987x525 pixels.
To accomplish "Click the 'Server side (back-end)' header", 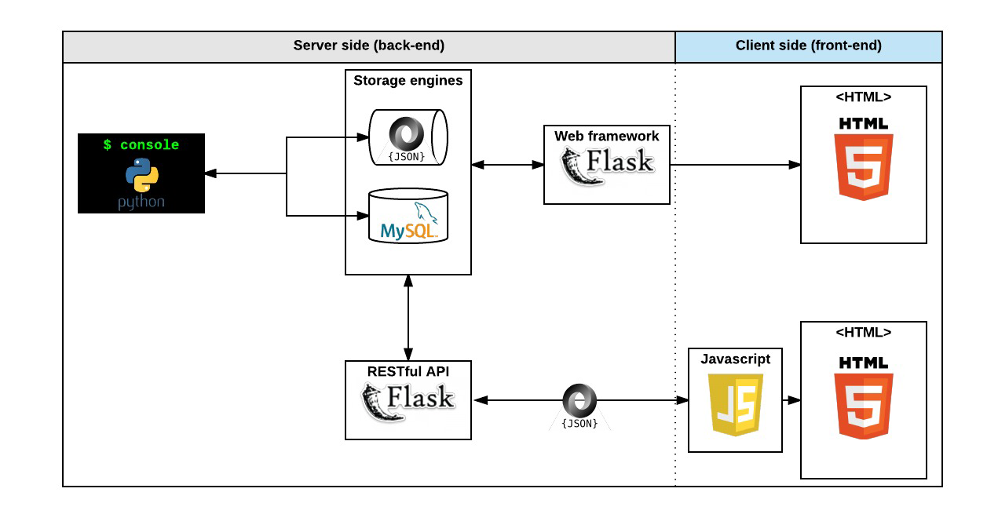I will pyautogui.click(x=368, y=46).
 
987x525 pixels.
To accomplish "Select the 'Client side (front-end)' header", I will pyautogui.click(x=808, y=46).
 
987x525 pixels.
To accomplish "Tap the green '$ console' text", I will pyautogui.click(x=141, y=145).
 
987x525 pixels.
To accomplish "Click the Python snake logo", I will pyautogui.click(x=141, y=175).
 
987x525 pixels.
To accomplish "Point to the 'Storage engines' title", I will pyautogui.click(x=408, y=80).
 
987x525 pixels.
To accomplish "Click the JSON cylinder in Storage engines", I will pyautogui.click(x=408, y=137).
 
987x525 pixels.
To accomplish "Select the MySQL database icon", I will pyautogui.click(x=408, y=217).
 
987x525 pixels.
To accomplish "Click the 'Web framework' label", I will pyautogui.click(x=606, y=136).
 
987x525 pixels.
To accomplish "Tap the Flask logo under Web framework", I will pyautogui.click(x=606, y=165).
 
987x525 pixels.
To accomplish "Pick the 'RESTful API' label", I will pyautogui.click(x=408, y=370).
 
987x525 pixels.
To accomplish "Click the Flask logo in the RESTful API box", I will pyautogui.click(x=408, y=400).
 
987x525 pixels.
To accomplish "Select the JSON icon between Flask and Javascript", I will pyautogui.click(x=580, y=404).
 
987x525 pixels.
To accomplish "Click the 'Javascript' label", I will pyautogui.click(x=735, y=359).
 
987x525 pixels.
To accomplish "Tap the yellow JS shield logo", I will pyautogui.click(x=735, y=404).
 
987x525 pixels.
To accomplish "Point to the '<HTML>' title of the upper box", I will pyautogui.click(x=863, y=97).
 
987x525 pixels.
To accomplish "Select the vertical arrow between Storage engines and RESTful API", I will pyautogui.click(x=408, y=318).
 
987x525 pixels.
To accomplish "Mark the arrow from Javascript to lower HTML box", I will pyautogui.click(x=791, y=400).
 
